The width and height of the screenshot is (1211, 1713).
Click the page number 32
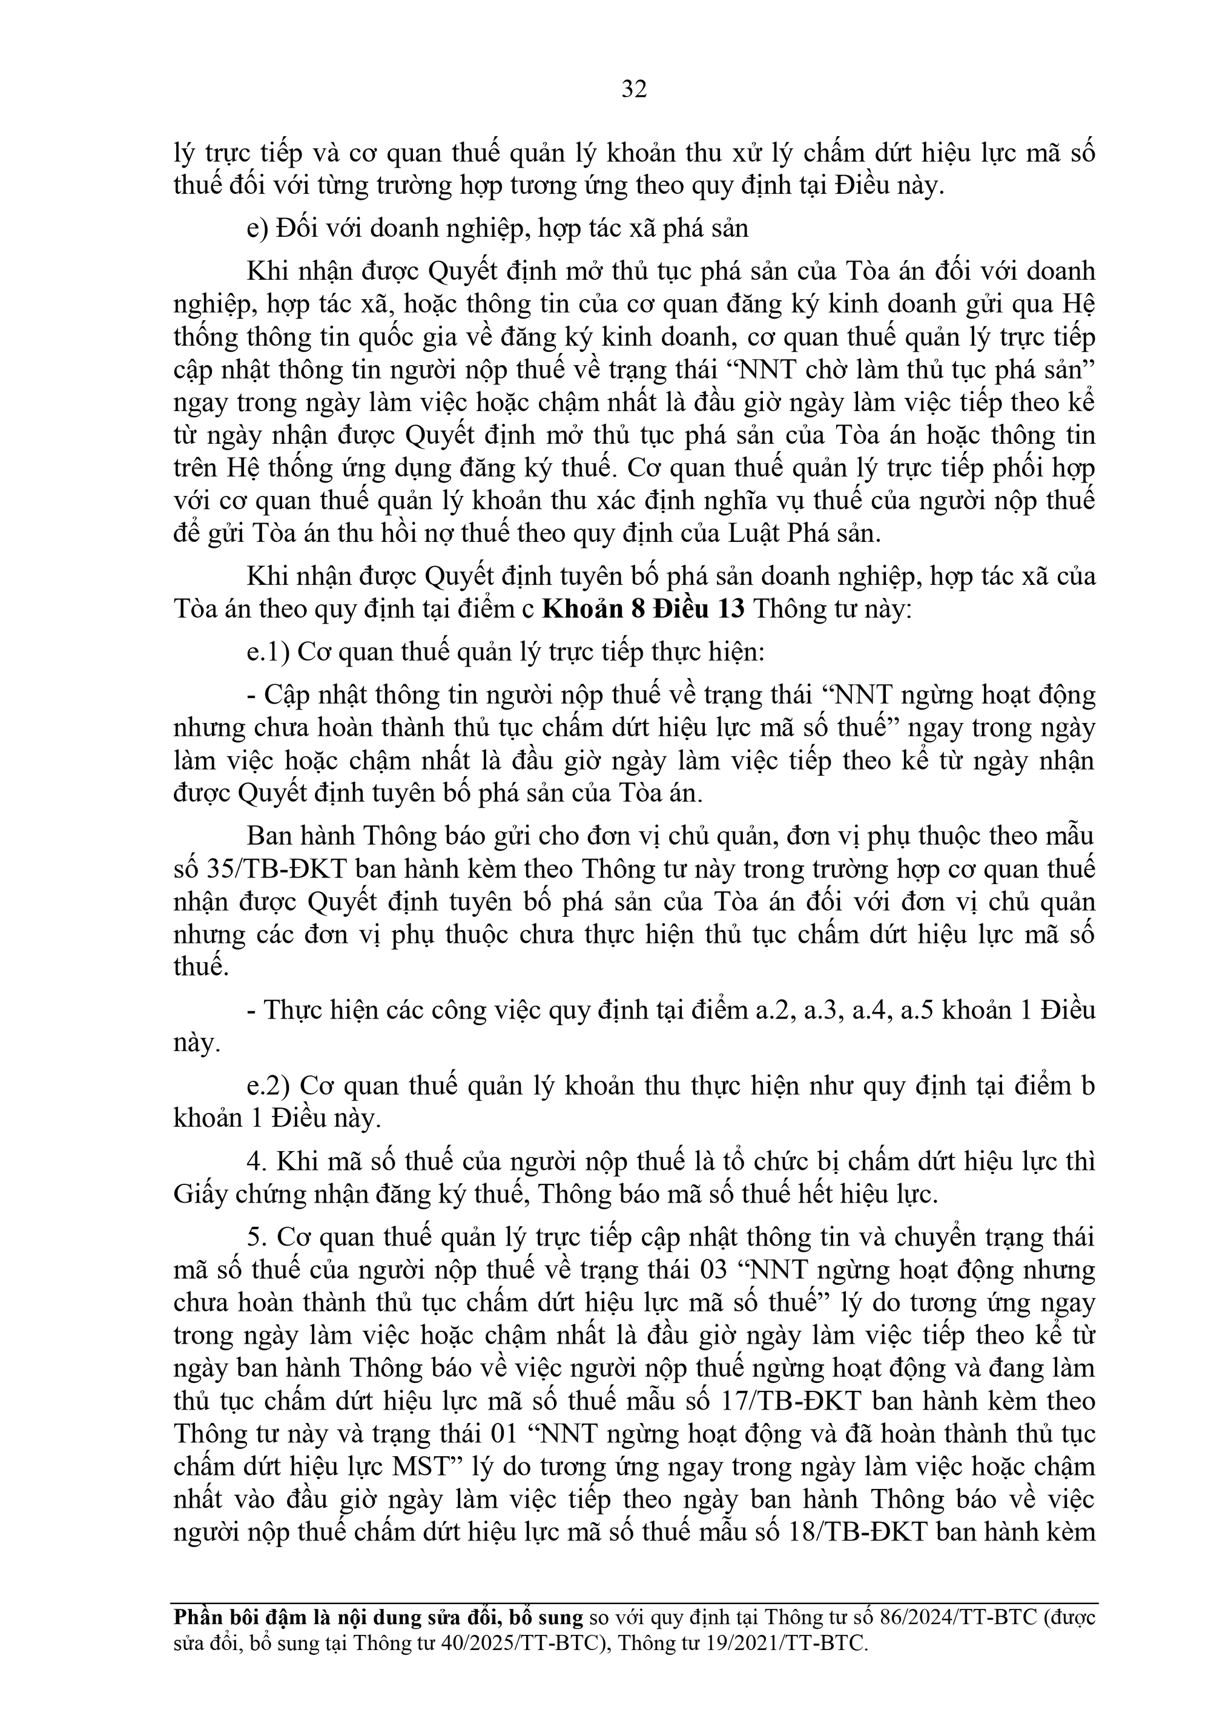coord(633,90)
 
